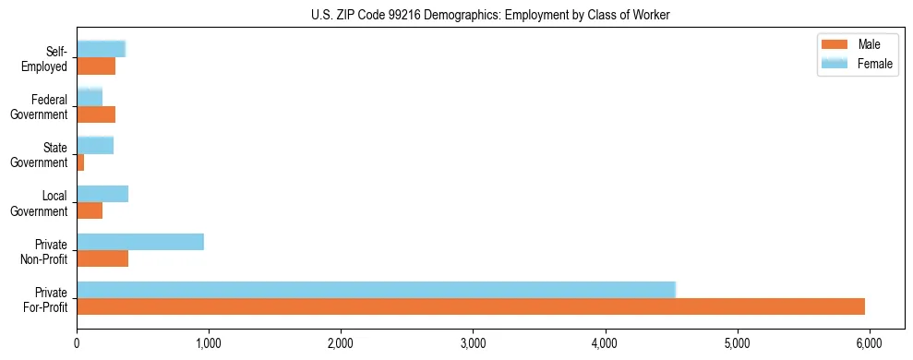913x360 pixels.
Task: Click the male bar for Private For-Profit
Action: click(x=471, y=306)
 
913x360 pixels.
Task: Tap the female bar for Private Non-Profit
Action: click(x=140, y=242)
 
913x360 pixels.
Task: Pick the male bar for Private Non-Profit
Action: click(x=102, y=258)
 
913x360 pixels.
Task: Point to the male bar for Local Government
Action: click(x=90, y=210)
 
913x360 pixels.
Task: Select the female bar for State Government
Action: click(x=95, y=145)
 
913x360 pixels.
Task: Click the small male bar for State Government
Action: click(x=80, y=162)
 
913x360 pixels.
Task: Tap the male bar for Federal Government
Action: click(x=96, y=114)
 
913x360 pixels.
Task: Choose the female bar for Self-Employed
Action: click(x=101, y=49)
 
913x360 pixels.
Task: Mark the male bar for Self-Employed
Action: click(x=96, y=66)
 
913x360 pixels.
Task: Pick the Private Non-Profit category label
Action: click(x=45, y=251)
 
